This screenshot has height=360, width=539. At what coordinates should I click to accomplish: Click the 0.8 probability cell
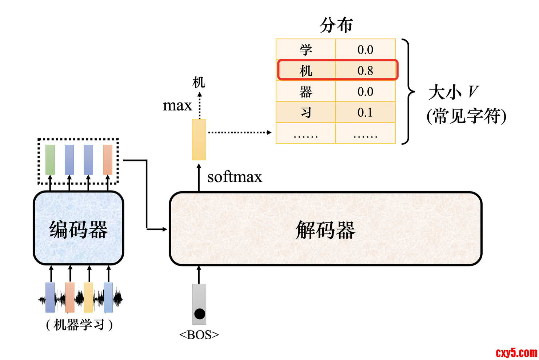pos(365,71)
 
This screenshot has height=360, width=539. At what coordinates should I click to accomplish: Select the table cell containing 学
pos(306,49)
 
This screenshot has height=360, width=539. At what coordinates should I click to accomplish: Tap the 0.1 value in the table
pos(365,112)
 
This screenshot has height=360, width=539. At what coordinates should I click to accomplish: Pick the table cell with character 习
pos(306,112)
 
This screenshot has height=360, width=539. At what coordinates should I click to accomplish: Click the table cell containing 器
pos(306,92)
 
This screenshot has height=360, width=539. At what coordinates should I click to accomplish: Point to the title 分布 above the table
pos(336,25)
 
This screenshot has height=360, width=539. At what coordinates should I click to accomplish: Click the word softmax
pos(235,177)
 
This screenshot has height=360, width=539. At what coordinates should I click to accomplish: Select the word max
pos(177,105)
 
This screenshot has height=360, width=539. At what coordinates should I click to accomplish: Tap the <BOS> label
pos(199,335)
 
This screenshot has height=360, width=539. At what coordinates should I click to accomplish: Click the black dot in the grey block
pos(200,313)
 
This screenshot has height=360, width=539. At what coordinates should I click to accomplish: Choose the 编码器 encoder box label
pos(79,230)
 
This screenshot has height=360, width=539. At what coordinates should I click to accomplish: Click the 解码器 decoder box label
pos(326,230)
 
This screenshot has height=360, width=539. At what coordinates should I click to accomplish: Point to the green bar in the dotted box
pos(50,160)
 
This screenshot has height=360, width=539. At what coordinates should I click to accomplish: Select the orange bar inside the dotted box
pos(108,160)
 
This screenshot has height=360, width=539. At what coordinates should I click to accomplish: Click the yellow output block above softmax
pos(199,140)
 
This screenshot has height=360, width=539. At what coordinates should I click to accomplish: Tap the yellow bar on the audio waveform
pos(88,297)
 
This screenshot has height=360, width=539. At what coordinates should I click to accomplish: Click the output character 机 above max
pos(199,83)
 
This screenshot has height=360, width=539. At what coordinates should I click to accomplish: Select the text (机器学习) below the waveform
pos(79,325)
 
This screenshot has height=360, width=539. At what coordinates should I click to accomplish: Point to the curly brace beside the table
pos(408,92)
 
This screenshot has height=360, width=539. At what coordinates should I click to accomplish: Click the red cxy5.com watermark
pos(516,352)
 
